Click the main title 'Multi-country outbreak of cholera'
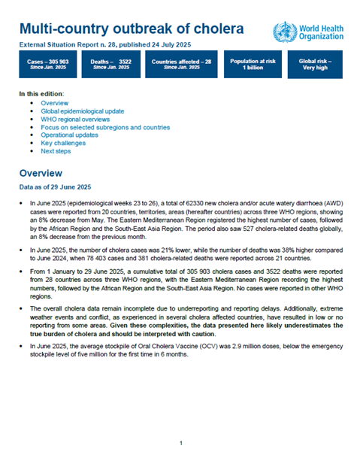131,30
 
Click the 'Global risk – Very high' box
315,65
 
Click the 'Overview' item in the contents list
54,102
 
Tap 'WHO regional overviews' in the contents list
75,119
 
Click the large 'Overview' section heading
47,172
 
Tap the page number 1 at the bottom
180,443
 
